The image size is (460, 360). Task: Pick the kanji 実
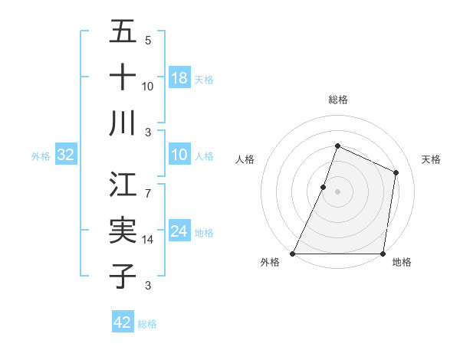pos(123,231)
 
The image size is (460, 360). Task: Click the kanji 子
pos(123,276)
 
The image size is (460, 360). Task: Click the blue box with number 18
pos(179,78)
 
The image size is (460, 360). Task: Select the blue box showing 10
pos(179,155)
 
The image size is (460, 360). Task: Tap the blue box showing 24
pos(179,232)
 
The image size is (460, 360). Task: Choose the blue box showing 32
pos(66,155)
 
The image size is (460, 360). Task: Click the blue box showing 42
pos(123,322)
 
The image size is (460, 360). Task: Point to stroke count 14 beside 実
pos(148,240)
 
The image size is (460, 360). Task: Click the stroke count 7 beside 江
pos(148,185)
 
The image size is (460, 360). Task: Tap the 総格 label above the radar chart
pos(337,100)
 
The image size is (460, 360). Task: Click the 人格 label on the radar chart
pos(245,159)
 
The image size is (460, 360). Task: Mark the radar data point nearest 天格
pos(396,172)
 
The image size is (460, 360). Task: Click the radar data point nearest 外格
pos(293,254)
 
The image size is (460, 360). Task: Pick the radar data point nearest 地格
pos(383,254)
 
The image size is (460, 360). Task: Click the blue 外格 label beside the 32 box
pos(41,156)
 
